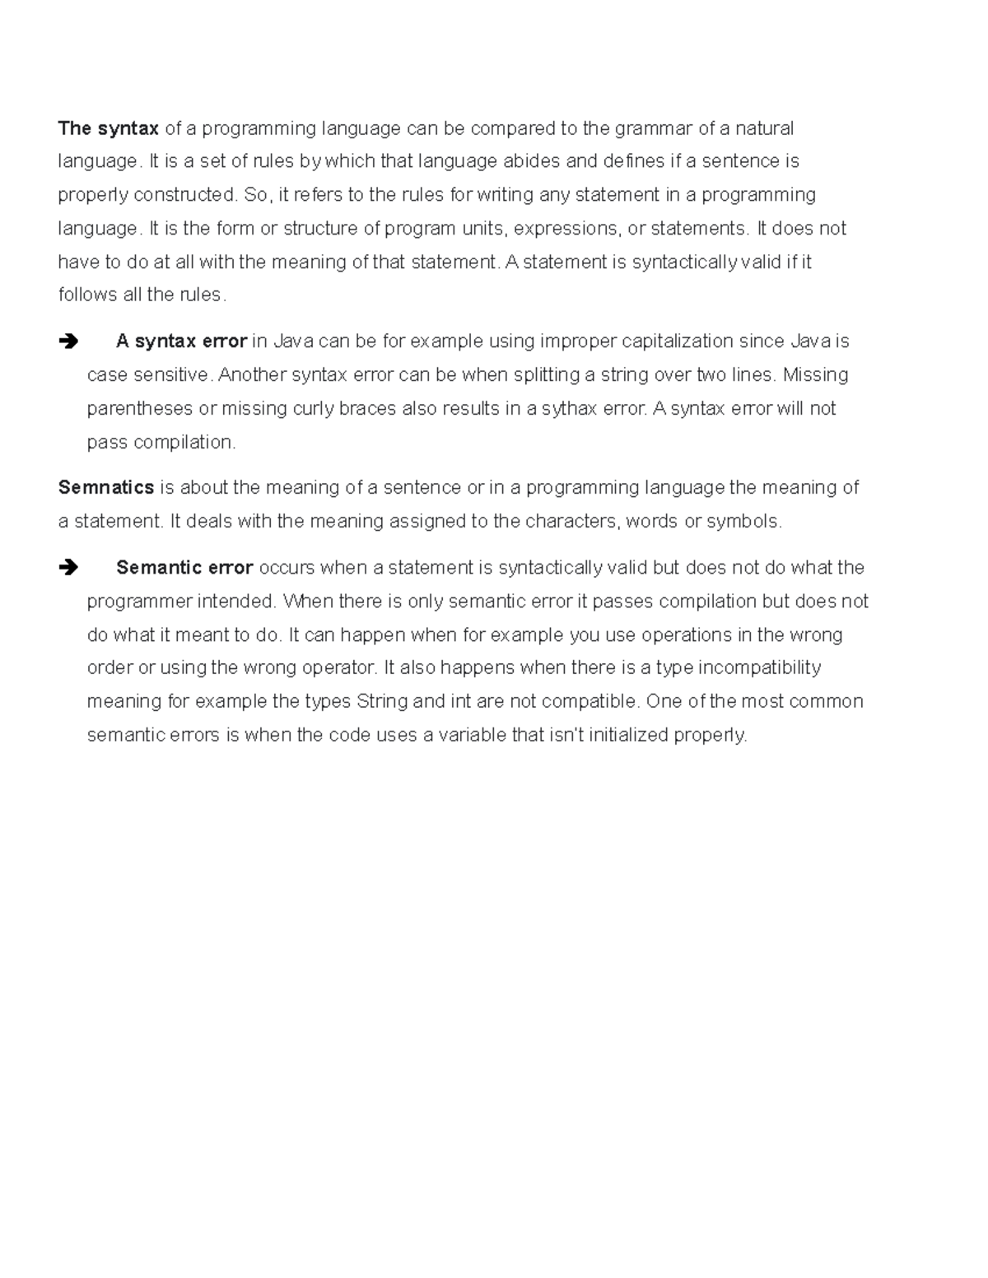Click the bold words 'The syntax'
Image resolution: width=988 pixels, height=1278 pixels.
108,128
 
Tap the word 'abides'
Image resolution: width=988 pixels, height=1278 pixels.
531,161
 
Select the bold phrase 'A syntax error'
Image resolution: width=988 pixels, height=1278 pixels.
181,342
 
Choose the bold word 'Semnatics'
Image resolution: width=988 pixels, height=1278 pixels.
106,488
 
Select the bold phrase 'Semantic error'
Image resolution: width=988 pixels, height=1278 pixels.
184,568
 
